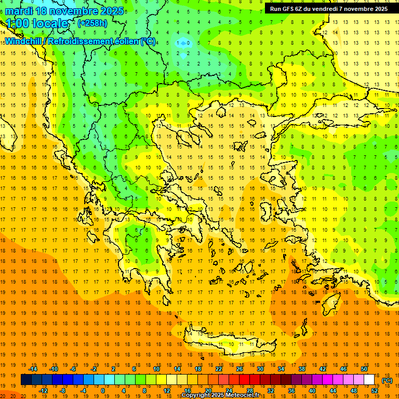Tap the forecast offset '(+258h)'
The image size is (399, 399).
click(x=92, y=23)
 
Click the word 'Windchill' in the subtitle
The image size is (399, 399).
click(x=24, y=41)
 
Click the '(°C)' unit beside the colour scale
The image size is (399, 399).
click(x=387, y=380)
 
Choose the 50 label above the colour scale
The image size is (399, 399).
click(x=364, y=369)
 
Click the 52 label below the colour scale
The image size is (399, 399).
click(x=375, y=391)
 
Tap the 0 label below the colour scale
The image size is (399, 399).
click(x=103, y=391)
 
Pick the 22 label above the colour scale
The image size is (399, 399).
click(x=219, y=369)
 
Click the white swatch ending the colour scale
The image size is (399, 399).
click(x=369, y=380)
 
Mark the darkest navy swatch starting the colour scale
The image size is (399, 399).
click(x=26, y=380)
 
